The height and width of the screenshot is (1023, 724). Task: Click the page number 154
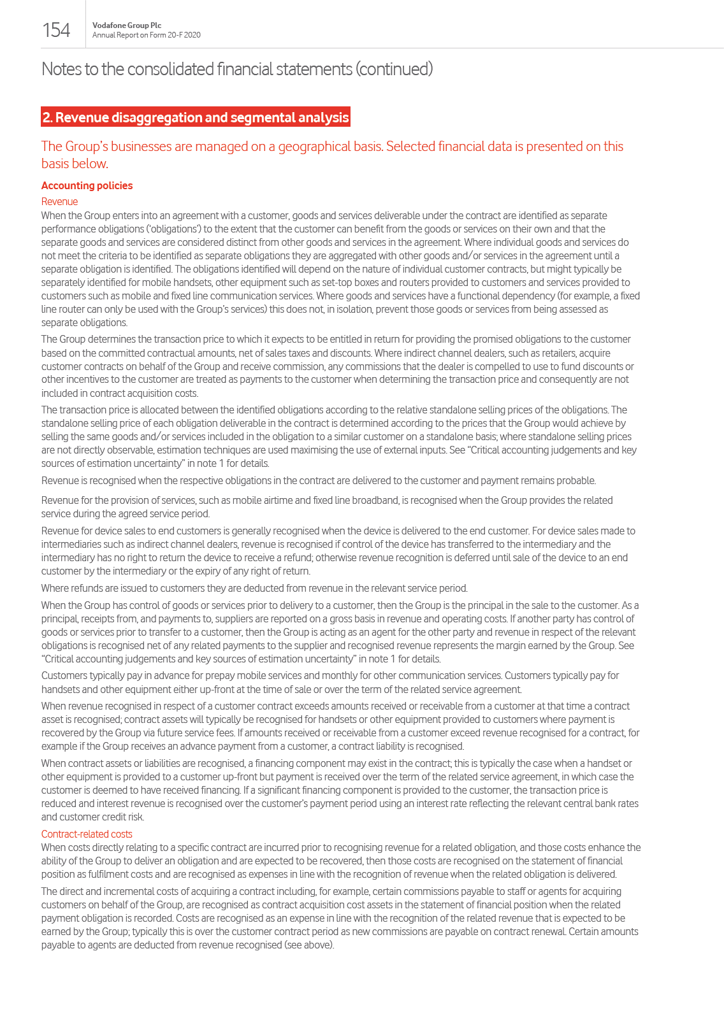click(x=56, y=30)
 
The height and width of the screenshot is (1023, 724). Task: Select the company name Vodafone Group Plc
click(x=127, y=25)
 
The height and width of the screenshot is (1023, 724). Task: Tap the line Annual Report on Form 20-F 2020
click(x=146, y=35)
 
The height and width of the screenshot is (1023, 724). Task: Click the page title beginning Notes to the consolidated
click(x=237, y=69)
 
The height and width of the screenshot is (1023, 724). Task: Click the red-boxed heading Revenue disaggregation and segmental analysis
click(x=196, y=117)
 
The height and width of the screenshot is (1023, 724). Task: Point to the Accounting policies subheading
click(x=87, y=185)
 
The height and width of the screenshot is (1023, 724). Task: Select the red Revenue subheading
click(x=59, y=201)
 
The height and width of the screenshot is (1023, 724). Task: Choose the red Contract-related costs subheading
click(x=87, y=834)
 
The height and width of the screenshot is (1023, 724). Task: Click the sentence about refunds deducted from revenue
click(x=254, y=588)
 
